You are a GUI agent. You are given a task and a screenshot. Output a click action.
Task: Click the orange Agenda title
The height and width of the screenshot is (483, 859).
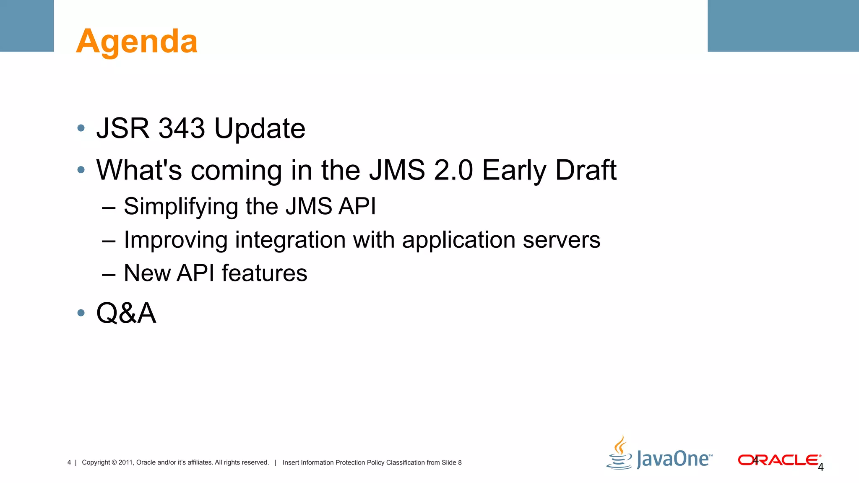coord(137,42)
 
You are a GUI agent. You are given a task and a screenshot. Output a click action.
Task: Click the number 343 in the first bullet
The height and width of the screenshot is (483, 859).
coord(182,128)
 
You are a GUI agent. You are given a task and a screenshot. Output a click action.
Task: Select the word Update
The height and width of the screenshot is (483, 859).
coord(260,128)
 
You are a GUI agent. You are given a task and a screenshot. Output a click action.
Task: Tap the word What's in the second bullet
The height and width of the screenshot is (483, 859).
coord(139,170)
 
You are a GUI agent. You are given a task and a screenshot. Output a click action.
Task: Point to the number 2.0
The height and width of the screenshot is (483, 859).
coord(453,170)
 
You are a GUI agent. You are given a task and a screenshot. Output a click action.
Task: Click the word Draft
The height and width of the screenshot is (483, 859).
coord(586,170)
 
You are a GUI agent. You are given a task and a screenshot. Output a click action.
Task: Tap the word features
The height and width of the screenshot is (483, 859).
coord(264,273)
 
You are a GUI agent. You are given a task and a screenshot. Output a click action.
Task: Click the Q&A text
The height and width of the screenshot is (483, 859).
coord(126,313)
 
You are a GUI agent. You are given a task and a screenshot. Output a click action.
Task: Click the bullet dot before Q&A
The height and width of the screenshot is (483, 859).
coord(81,313)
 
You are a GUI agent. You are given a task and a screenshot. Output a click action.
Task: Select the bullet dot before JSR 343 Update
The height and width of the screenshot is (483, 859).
coord(81,128)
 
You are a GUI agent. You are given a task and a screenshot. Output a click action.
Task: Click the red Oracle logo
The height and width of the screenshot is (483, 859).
coord(778,460)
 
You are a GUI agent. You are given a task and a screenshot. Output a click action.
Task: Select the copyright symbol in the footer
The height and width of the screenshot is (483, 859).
coord(114,462)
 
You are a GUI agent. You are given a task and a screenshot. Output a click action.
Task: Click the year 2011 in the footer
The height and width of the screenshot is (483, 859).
coord(125,462)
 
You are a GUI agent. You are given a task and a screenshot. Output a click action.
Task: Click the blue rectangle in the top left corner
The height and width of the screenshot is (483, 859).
coord(27,26)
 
